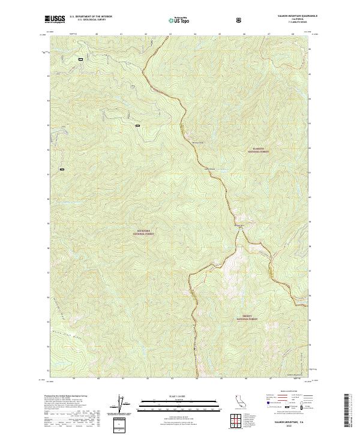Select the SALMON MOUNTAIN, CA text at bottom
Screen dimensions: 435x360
pyautogui.click(x=292, y=422)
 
